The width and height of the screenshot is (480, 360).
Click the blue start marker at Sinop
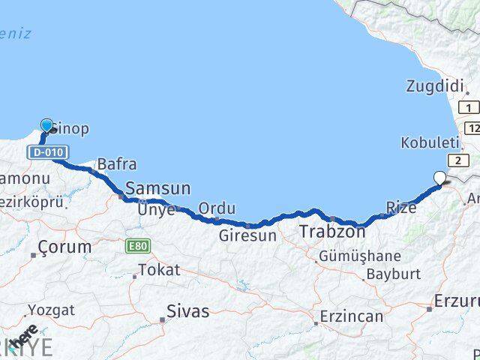tap(48, 126)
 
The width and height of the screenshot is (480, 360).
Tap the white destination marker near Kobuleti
tap(440, 178)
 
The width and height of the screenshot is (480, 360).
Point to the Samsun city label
tap(157, 188)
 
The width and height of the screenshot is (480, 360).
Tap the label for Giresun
tap(248, 235)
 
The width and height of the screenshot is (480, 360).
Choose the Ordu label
tap(217, 208)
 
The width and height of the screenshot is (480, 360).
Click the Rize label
tap(400, 207)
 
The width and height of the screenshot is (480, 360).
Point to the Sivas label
tap(188, 310)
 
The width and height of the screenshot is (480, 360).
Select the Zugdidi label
tap(435, 86)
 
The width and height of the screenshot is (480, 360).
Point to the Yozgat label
tap(52, 309)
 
